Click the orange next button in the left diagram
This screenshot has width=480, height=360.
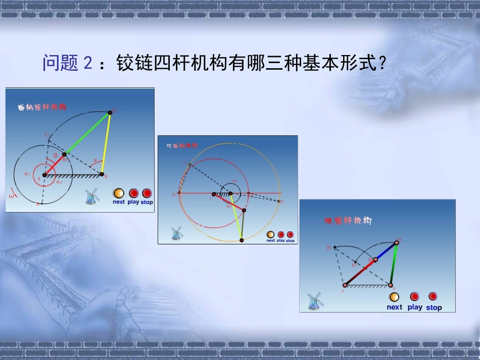[x=118, y=193]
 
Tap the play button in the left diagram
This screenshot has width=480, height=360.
[x=133, y=193]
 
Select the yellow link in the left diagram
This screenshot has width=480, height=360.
[x=106, y=143]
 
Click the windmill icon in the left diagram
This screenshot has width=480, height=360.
[x=91, y=196]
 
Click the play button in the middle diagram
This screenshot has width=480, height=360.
[x=281, y=235]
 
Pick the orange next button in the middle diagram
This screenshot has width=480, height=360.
[x=270, y=235]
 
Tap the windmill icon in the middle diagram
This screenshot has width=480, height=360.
[x=176, y=233]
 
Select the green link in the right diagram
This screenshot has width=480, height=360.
[x=394, y=264]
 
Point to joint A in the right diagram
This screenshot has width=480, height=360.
[x=345, y=285]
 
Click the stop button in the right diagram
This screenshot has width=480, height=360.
[x=433, y=296]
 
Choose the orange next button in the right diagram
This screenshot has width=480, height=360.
[x=394, y=297]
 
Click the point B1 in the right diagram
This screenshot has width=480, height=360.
[x=334, y=247]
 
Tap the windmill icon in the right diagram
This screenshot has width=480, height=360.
[x=315, y=301]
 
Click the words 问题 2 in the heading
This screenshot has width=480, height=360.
[x=68, y=64]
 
